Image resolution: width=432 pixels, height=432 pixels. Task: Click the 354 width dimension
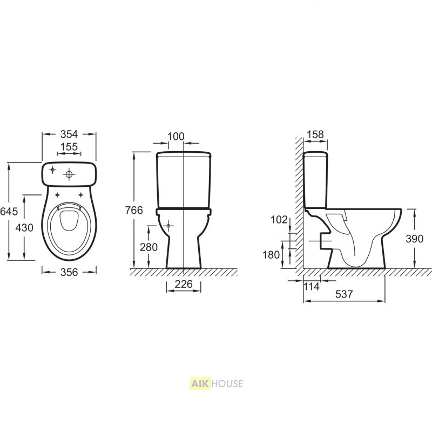coord(69,134)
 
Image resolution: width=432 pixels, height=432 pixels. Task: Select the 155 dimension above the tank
coord(69,146)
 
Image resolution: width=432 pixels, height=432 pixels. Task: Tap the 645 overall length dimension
coord(9,211)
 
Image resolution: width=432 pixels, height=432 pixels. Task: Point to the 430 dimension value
coord(24,227)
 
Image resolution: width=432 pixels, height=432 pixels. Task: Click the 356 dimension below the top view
coord(69,272)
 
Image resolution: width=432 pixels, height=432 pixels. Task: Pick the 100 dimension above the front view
coord(176,136)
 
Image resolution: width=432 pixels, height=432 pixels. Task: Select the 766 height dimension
coord(134,210)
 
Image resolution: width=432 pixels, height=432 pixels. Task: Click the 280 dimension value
coord(149,247)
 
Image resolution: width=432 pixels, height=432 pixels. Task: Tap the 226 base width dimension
coord(184,284)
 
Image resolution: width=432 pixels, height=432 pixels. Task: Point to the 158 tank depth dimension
coord(315,134)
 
